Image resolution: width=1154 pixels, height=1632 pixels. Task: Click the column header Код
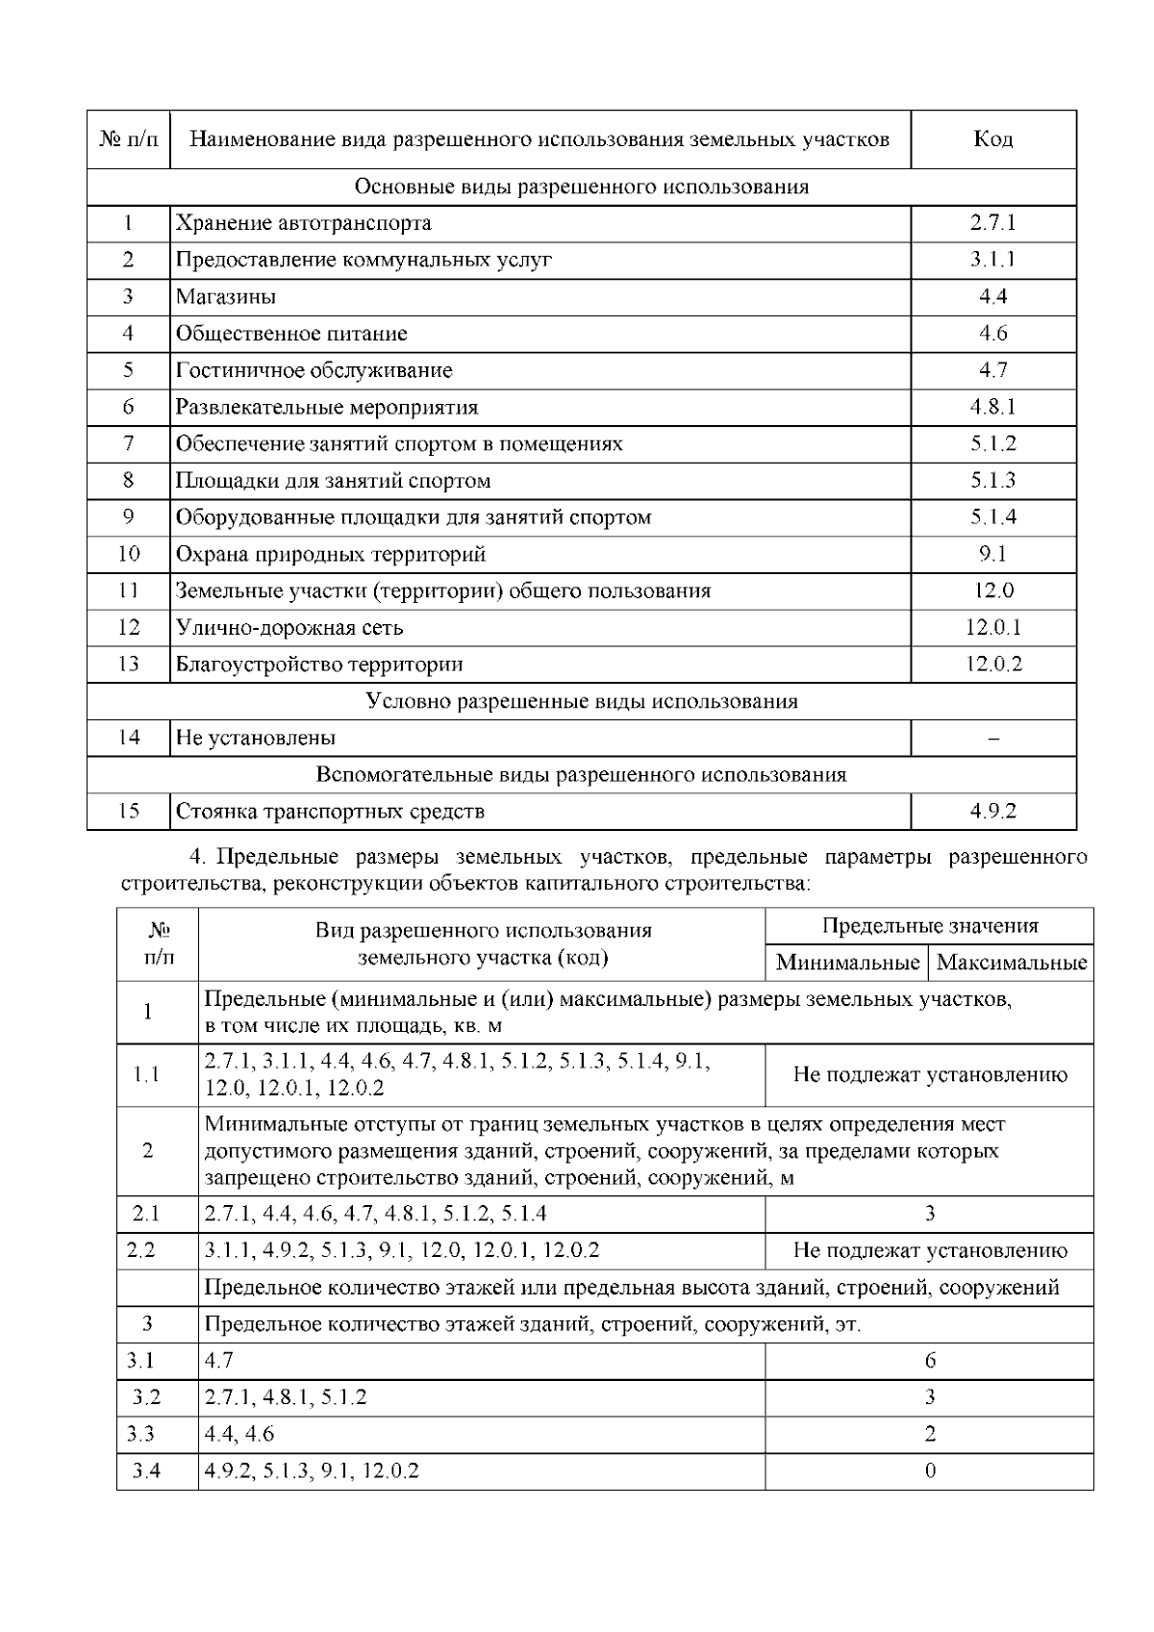(x=992, y=139)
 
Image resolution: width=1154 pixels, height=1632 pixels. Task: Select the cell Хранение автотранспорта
(x=303, y=223)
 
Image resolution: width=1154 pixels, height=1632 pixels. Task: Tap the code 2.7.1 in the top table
(x=992, y=223)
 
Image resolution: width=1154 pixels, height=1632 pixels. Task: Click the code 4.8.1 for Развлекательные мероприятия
(x=992, y=407)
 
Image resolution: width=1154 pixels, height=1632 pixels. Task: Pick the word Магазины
(x=226, y=297)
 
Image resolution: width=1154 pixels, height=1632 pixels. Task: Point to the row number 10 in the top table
(x=128, y=554)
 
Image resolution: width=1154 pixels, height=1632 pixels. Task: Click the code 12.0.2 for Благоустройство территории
(x=992, y=665)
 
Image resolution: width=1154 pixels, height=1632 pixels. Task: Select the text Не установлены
(x=256, y=739)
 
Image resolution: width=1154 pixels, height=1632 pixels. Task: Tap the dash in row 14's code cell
(x=992, y=739)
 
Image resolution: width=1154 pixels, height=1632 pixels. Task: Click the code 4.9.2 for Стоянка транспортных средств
(x=992, y=812)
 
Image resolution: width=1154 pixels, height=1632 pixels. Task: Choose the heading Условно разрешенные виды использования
(x=582, y=701)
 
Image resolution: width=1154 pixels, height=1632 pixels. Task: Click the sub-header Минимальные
(x=847, y=963)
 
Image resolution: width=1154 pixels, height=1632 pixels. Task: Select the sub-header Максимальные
(x=1011, y=963)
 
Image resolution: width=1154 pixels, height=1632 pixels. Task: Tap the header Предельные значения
(x=929, y=926)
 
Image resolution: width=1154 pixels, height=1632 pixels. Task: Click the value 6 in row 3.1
(x=929, y=1361)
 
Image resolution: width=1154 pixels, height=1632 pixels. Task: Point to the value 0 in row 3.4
(x=929, y=1471)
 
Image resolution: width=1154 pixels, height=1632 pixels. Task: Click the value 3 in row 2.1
(x=929, y=1214)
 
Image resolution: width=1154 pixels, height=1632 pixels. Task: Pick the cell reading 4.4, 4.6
(x=239, y=1435)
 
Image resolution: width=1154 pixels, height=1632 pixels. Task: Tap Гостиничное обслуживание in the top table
(x=314, y=370)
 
